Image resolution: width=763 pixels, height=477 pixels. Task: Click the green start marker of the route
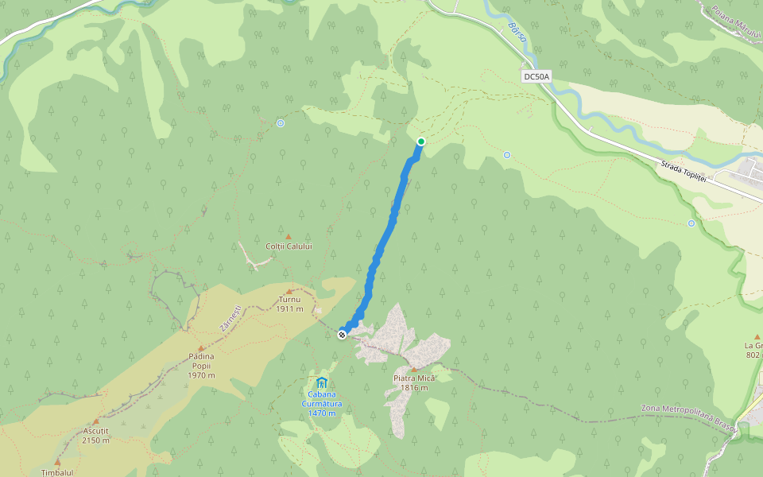tap(421, 142)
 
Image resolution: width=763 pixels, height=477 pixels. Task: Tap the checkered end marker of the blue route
tap(342, 335)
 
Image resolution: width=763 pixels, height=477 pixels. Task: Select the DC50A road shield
tap(536, 77)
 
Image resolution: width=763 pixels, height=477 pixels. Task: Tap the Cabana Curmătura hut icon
tap(322, 383)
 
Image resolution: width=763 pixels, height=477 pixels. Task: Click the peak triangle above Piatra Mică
tap(414, 369)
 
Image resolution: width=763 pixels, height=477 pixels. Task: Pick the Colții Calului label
tap(289, 246)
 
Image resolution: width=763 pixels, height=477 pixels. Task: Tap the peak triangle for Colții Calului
tap(289, 236)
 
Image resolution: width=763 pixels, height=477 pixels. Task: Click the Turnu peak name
tap(289, 301)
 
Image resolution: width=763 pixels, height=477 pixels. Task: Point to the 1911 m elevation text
tap(289, 309)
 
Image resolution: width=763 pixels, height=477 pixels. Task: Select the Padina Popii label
tap(201, 357)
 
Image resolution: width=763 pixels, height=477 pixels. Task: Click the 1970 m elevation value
tap(201, 375)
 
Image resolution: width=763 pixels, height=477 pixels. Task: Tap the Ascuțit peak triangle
tap(95, 421)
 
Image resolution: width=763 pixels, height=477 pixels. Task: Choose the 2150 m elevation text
tap(95, 440)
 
